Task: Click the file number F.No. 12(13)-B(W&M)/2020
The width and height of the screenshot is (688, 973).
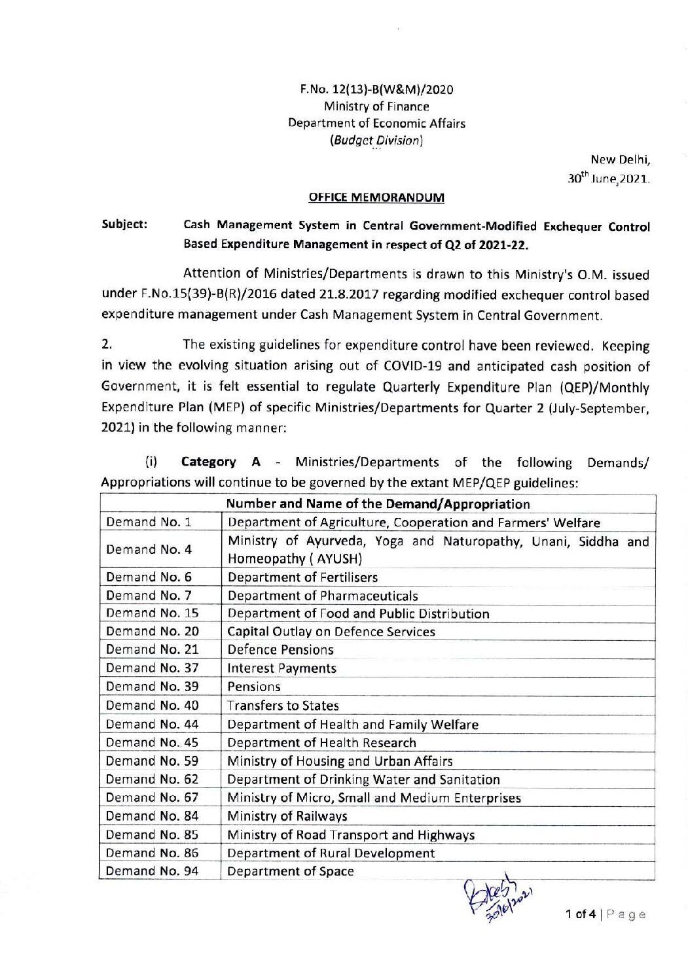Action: [x=376, y=90]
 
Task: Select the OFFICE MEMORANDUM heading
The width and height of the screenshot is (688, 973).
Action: [x=376, y=197]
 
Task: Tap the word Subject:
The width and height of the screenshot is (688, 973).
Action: [x=124, y=224]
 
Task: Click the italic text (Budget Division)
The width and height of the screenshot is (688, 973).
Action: [x=376, y=140]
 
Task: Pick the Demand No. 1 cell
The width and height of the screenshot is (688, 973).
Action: [x=149, y=522]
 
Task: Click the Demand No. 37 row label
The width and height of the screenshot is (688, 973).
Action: [x=152, y=668]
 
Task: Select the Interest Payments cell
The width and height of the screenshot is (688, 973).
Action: [x=281, y=668]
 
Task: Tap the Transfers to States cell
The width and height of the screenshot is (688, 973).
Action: [x=283, y=706]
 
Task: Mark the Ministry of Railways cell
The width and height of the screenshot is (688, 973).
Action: [x=287, y=816]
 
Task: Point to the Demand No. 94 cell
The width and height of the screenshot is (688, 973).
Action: [x=152, y=871]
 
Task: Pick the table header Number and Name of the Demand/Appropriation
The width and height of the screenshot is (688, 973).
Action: [x=378, y=504]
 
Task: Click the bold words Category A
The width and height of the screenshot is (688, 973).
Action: [x=221, y=462]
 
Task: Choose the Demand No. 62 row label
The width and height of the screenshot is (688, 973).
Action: [x=152, y=779]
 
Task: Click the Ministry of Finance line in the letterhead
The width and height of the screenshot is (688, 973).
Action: [x=376, y=106]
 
